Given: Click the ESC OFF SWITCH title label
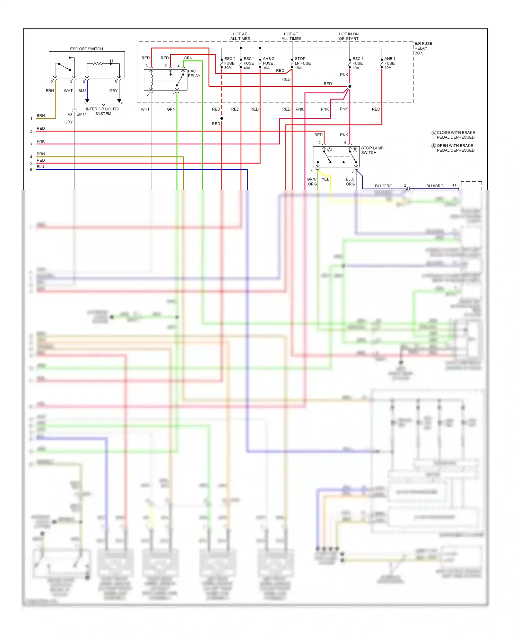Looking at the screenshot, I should (x=86, y=49).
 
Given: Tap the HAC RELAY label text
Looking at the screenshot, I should (x=194, y=73).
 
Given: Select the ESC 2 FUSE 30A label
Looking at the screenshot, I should (x=229, y=63).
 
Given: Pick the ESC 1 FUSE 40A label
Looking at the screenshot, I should (x=249, y=63).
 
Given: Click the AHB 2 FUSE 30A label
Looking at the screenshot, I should (x=268, y=63).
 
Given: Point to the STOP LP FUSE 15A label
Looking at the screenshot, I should (x=302, y=63).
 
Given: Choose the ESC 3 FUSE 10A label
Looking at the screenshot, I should (x=358, y=63).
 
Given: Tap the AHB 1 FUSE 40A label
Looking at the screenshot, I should (x=390, y=63).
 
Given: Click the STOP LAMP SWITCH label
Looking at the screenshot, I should (x=372, y=150).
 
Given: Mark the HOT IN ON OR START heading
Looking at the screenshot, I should (x=348, y=36).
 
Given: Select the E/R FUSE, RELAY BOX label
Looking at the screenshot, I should (x=423, y=48).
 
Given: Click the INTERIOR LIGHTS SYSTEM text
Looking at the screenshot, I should (x=103, y=111).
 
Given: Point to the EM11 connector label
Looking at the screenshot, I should (x=81, y=114).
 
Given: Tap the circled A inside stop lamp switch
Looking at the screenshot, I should (x=330, y=150).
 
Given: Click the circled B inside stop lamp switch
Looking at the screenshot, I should (x=355, y=150).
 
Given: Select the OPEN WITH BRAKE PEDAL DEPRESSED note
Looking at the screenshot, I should (x=455, y=148).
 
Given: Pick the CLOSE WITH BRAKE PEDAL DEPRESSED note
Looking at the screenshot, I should (x=456, y=135).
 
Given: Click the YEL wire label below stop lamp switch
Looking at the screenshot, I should (x=325, y=179).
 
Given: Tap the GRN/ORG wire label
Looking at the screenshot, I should (x=312, y=182).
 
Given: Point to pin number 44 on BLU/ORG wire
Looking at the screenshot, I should (x=454, y=186).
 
